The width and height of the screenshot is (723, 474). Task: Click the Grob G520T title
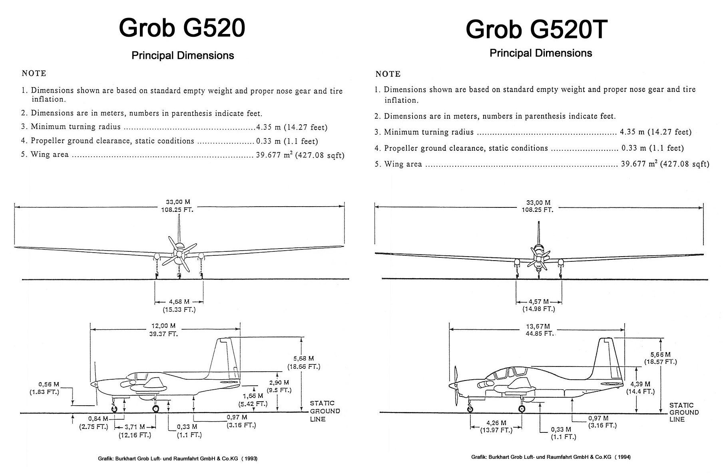point(536,29)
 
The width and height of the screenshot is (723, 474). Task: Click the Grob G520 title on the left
point(182,28)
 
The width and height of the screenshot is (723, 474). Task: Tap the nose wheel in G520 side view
point(114,408)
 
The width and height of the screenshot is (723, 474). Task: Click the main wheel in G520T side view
point(522,408)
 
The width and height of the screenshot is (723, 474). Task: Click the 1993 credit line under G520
point(177,459)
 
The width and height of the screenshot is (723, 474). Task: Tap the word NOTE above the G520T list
point(388,74)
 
